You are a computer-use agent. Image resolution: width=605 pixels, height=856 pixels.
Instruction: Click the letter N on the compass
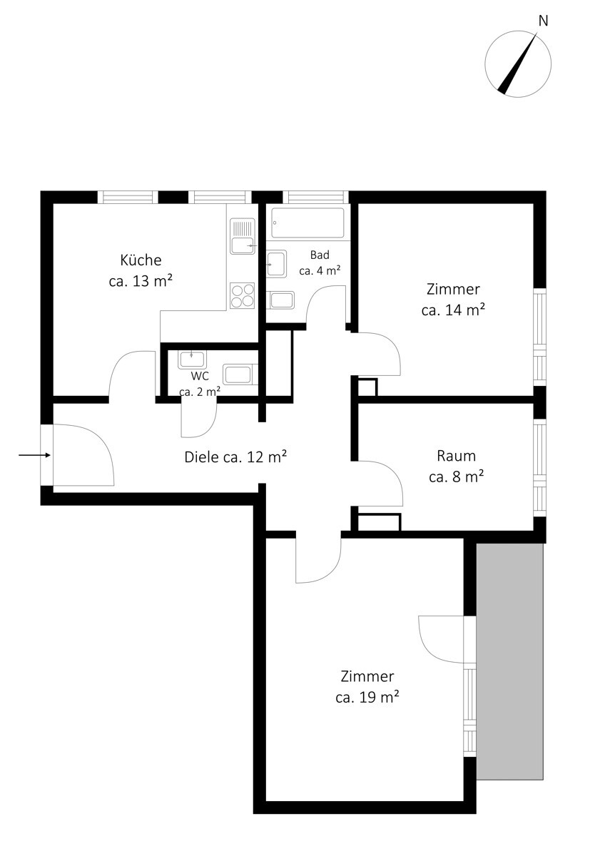543,21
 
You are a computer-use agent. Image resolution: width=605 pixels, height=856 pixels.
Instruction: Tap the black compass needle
518,63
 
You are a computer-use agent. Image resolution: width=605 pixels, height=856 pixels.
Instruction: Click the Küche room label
141,260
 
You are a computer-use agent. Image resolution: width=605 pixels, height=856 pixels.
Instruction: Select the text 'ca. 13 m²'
141,281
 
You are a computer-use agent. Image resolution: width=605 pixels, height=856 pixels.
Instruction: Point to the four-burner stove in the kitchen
243,296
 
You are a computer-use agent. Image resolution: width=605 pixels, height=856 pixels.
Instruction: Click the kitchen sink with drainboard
243,236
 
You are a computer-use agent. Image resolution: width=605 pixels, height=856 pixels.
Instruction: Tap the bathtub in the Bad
307,223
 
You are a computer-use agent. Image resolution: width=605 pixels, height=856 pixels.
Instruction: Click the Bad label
320,255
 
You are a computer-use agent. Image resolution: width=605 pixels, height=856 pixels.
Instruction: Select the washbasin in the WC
192,360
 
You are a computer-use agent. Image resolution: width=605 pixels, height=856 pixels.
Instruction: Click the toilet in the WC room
240,374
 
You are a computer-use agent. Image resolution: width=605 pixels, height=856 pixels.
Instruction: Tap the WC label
200,376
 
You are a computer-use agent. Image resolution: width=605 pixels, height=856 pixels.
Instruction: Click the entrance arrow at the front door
34,455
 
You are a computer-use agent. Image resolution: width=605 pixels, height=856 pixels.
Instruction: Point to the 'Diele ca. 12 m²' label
235,457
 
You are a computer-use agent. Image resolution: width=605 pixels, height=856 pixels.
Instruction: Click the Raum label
457,456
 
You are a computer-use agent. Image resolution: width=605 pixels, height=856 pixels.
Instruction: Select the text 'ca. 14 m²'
453,310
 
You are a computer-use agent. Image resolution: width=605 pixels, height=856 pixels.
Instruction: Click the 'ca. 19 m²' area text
367,698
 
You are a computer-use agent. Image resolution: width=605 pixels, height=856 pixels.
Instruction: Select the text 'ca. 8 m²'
457,477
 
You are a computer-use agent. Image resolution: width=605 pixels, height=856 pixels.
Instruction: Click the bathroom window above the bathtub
315,197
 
